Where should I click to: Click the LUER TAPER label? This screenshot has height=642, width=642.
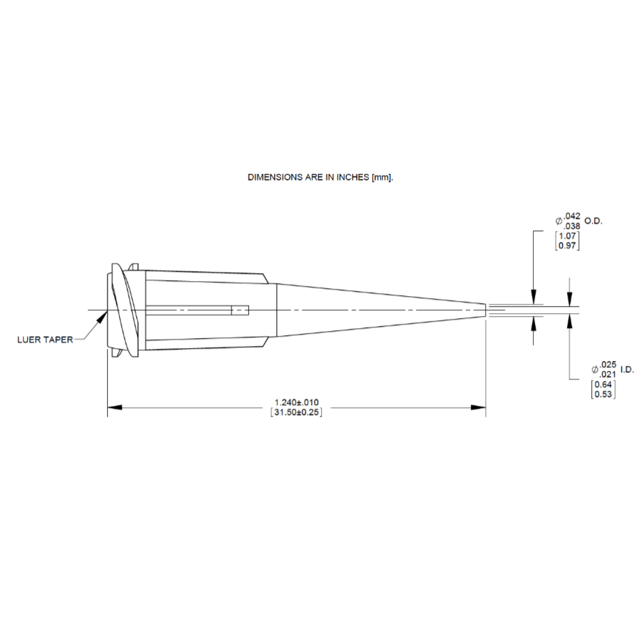(x=45, y=340)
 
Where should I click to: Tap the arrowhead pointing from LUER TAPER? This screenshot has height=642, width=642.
(x=101, y=318)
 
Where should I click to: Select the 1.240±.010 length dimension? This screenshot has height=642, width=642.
(x=297, y=402)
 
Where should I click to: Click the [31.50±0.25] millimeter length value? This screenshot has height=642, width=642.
(x=297, y=412)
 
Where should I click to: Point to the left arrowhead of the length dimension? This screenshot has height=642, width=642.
(x=115, y=407)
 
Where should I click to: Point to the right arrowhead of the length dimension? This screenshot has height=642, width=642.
(x=478, y=407)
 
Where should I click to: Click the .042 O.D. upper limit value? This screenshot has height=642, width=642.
(x=572, y=216)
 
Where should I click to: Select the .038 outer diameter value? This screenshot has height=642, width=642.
(x=572, y=226)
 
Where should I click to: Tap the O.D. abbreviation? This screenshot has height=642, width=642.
(x=593, y=221)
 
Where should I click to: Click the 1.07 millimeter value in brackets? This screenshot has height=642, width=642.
(x=568, y=236)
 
